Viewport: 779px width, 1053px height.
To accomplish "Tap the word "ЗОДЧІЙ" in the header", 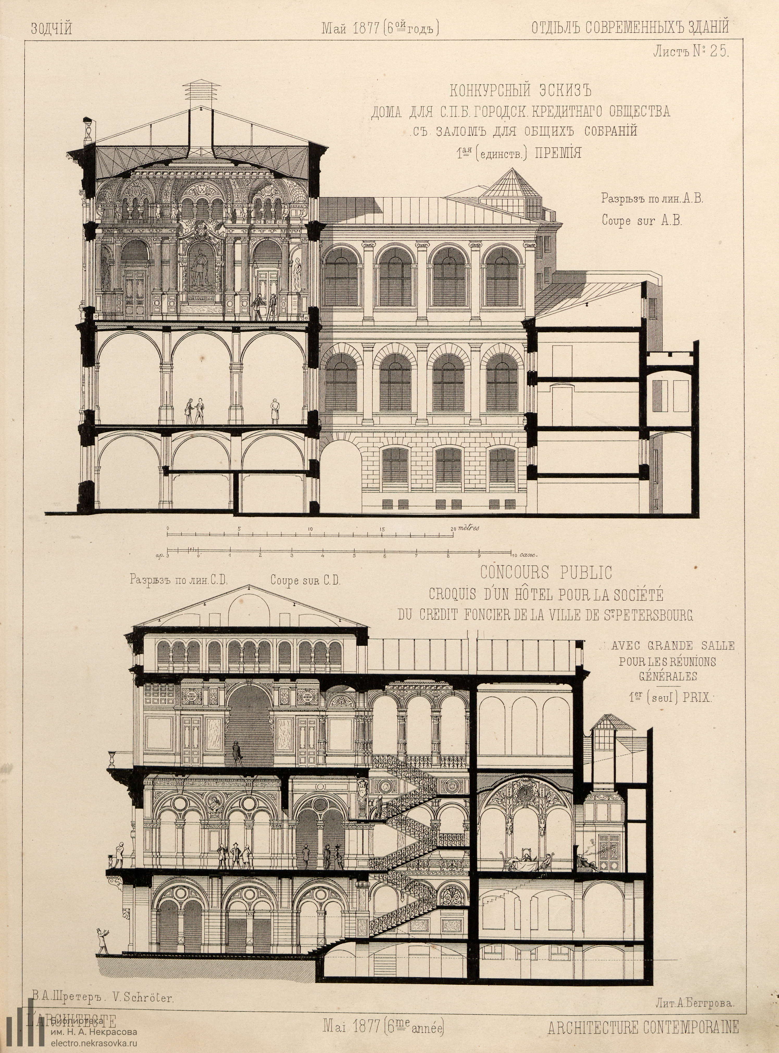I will click(x=51, y=29).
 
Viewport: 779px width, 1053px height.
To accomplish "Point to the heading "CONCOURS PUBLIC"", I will click(x=546, y=573).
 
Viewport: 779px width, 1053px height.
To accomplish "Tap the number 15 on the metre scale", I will click(x=382, y=529).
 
